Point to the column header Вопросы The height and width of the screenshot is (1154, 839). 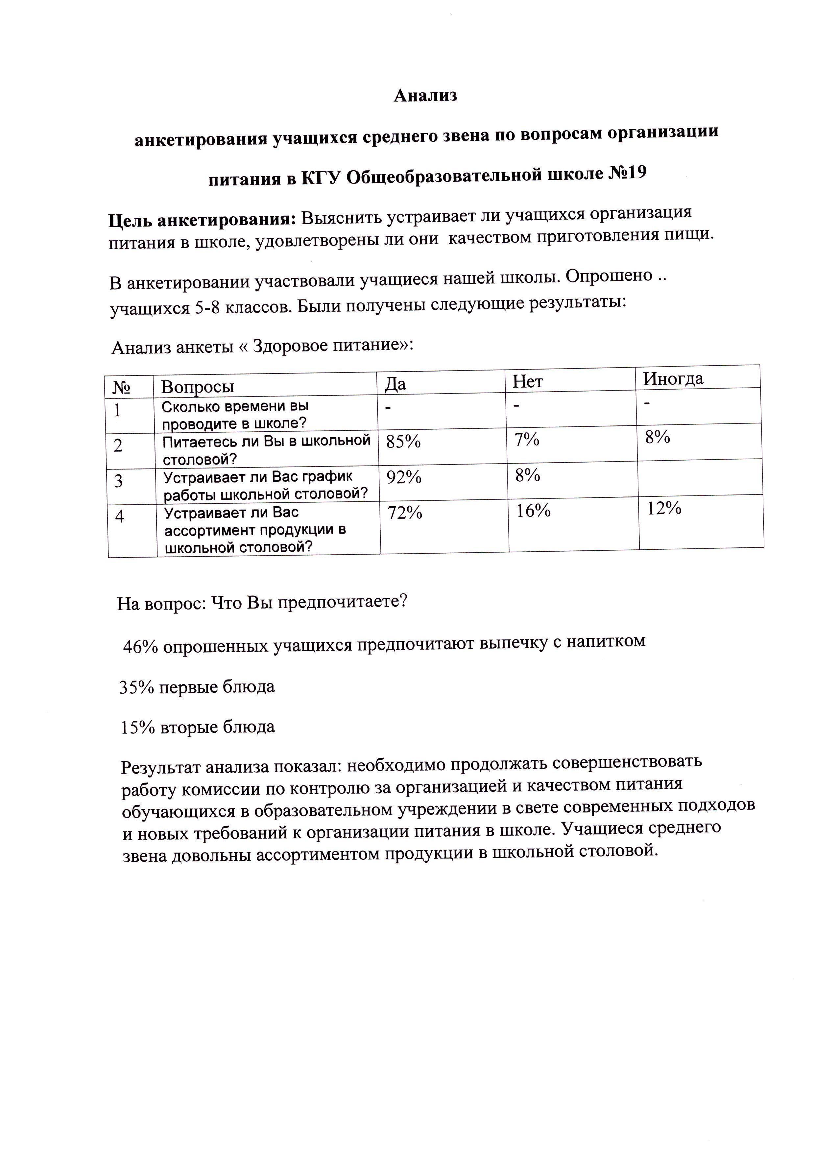[197, 387]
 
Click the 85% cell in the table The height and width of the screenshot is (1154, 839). [403, 442]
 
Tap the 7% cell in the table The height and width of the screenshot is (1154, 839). [527, 439]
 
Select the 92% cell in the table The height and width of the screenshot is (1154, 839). [404, 477]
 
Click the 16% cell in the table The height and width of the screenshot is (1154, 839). [533, 511]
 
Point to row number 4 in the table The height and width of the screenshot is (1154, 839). [120, 517]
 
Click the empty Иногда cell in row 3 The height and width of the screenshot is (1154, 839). [700, 477]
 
